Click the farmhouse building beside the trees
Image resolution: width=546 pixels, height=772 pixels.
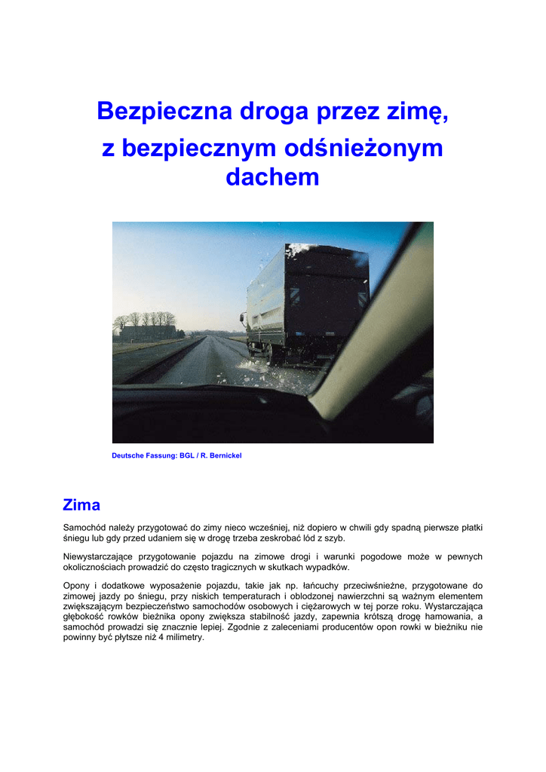[x=148, y=332]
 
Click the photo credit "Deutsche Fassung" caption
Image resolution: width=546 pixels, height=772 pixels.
[x=144, y=456]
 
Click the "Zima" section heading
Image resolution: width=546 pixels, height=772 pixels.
[x=81, y=504]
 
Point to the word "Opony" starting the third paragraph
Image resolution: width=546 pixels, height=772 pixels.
[x=76, y=586]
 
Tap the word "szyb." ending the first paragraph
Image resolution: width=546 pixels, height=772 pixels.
[x=342, y=538]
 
